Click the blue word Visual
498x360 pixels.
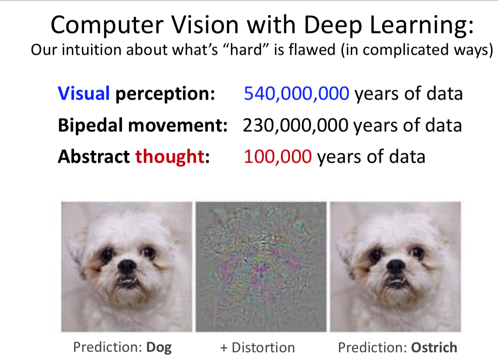84,94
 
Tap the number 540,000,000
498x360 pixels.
296,94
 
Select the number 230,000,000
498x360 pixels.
295,125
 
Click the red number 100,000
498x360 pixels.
278,157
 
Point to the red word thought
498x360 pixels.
170,157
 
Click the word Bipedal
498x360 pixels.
90,125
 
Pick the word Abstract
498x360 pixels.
94,157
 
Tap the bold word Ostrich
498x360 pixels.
434,347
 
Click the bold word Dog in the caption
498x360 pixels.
159,348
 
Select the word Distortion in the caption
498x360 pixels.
263,348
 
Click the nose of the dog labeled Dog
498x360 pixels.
127,266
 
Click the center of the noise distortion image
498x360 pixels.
261,267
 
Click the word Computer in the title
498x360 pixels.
107,25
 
